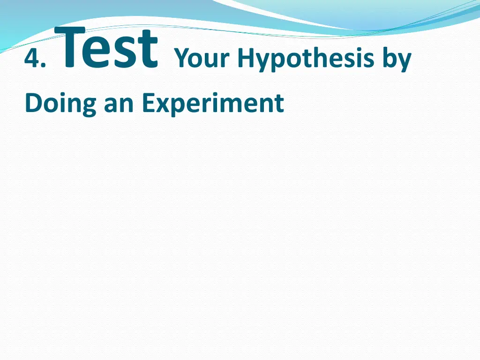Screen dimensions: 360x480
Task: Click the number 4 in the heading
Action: tap(32, 60)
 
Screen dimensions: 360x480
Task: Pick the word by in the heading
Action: tap(397, 60)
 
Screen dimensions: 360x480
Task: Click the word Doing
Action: tap(60, 104)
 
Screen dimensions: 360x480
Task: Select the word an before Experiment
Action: tap(120, 105)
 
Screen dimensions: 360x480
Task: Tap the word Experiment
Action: tap(213, 104)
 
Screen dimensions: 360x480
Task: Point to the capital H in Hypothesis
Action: tap(245, 59)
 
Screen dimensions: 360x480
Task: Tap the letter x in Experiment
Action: tap(162, 105)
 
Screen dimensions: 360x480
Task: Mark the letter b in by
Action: tap(390, 59)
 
